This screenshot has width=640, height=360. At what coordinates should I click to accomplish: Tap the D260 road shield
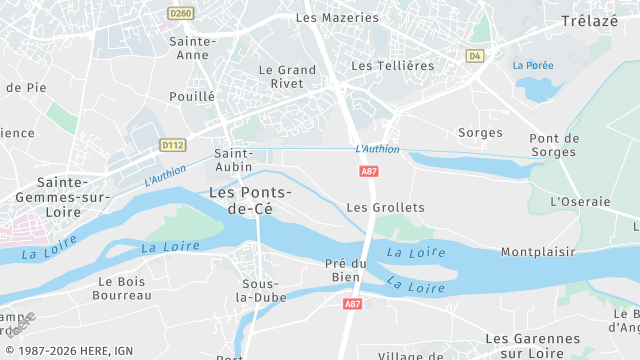180,13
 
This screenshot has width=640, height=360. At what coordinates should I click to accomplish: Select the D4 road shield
475,56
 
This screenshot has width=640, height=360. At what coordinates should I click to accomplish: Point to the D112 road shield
173,145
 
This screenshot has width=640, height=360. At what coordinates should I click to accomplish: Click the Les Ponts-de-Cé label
251,199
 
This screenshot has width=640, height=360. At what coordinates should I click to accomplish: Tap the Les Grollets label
385,207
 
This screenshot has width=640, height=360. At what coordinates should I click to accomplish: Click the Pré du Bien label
347,270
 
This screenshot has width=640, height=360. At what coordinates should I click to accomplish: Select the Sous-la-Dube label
260,290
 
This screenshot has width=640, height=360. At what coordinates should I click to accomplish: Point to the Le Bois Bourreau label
122,288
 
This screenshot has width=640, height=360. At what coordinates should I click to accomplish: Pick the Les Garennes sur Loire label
532,345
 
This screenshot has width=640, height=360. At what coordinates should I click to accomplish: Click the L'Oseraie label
580,201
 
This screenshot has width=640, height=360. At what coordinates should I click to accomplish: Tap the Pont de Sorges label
554,145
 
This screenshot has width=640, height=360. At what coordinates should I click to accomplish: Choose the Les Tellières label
393,65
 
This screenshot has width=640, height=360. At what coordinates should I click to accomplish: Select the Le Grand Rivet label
287,77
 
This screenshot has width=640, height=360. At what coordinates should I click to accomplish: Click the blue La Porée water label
533,65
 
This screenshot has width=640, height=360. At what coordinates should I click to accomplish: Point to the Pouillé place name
192,96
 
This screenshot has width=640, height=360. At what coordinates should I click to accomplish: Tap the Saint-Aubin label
234,160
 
